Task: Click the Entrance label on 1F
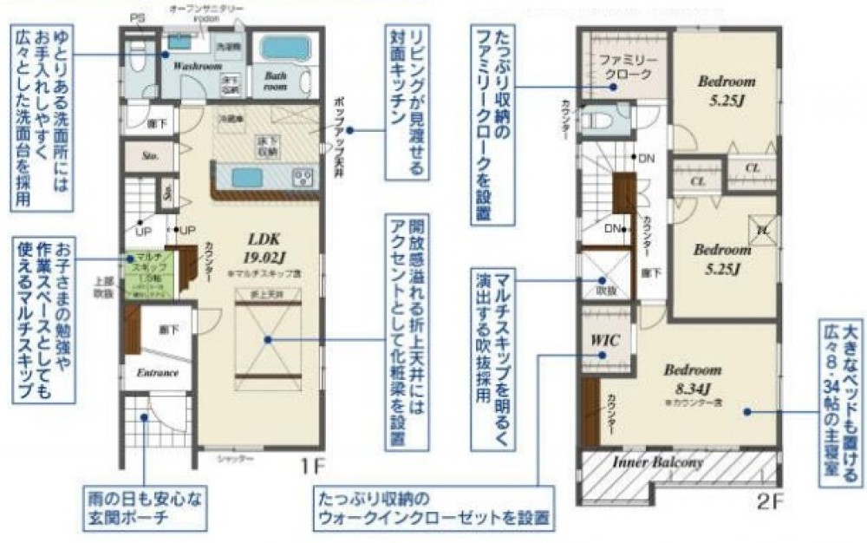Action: (157, 373)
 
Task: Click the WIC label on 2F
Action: (605, 340)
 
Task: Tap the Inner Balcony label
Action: (658, 462)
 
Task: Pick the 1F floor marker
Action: (314, 467)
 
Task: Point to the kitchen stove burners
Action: (303, 178)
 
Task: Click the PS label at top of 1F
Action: (137, 18)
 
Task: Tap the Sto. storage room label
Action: (149, 157)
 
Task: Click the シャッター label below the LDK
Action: (234, 457)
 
